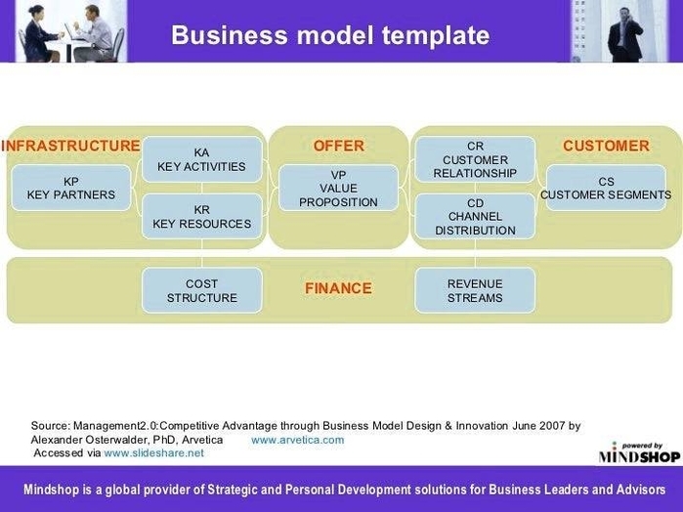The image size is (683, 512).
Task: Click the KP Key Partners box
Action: [x=70, y=188]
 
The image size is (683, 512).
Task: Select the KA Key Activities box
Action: [x=201, y=159]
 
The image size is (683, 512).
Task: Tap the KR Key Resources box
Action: [x=201, y=217]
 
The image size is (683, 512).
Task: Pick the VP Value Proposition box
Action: [x=338, y=189]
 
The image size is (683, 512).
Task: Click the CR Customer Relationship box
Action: [x=475, y=159]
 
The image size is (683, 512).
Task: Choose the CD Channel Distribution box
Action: [x=475, y=217]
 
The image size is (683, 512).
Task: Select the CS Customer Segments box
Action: [x=606, y=188]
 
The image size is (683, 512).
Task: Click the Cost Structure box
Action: [x=201, y=290]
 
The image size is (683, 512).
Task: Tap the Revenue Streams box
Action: [x=475, y=290]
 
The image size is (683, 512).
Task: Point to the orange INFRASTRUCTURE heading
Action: [x=70, y=147]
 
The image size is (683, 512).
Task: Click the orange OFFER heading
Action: [x=338, y=147]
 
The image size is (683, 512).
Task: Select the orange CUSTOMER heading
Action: [x=606, y=147]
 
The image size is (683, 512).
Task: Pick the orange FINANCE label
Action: [x=338, y=288]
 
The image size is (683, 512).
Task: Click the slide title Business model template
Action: [x=330, y=35]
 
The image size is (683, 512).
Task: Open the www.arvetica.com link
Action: [x=297, y=440]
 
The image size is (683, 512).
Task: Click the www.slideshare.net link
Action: [x=153, y=453]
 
